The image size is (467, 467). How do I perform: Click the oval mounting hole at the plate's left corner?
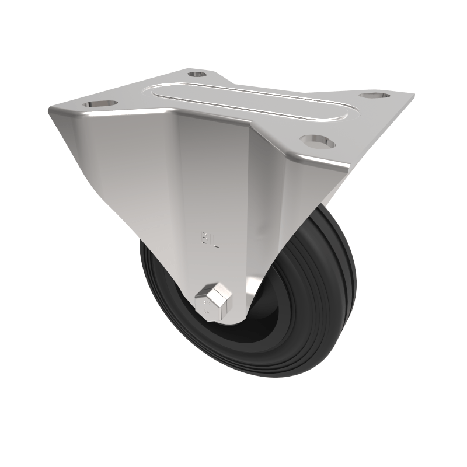click(96, 104)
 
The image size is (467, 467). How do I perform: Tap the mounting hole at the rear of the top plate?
click(197, 75)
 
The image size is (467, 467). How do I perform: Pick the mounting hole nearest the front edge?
click(316, 140)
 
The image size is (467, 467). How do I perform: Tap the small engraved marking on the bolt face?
click(206, 306)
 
